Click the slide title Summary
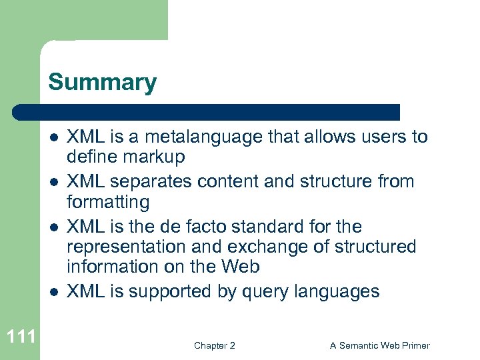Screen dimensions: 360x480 (x=102, y=83)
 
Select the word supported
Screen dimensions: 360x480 (x=169, y=291)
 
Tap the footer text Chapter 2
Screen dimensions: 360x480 (x=214, y=345)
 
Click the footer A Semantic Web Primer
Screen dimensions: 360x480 (x=379, y=345)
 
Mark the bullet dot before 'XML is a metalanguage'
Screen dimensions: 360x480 (x=53, y=138)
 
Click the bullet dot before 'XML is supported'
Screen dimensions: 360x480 (x=53, y=292)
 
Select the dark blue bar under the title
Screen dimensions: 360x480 (x=207, y=111)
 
